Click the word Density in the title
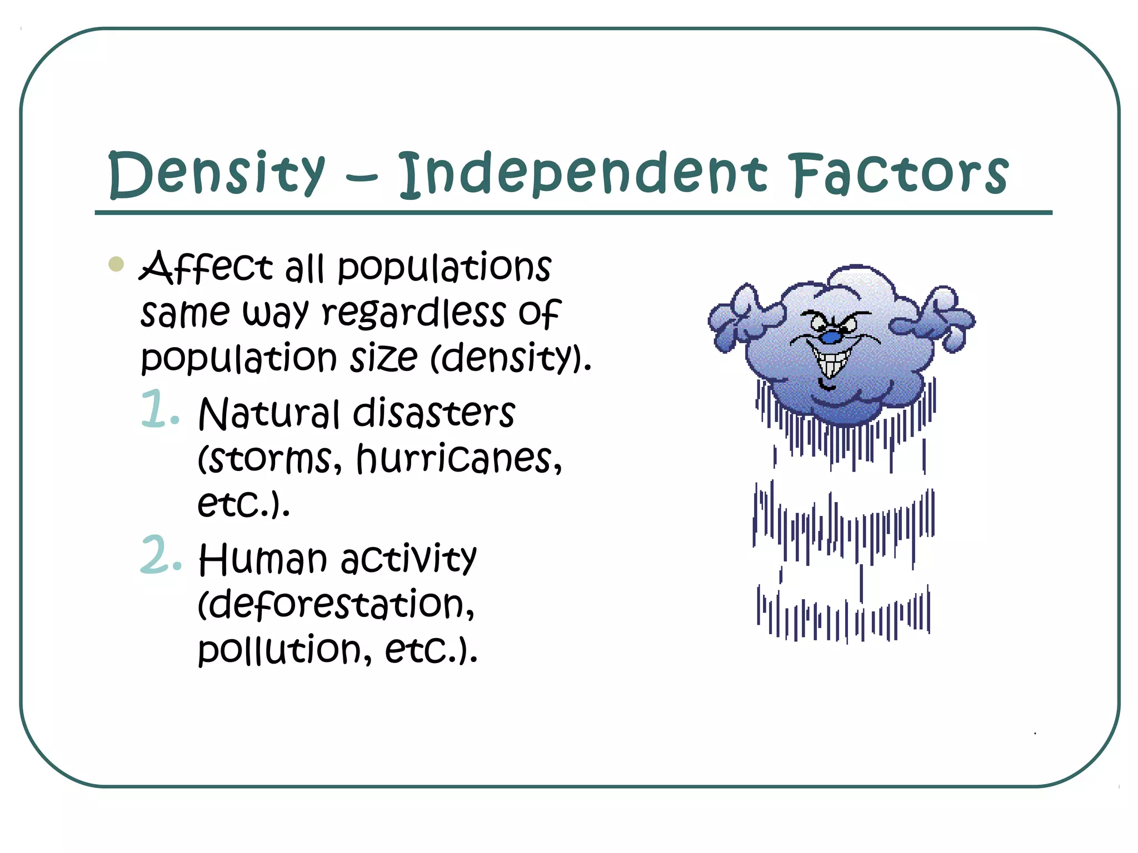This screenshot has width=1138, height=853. point(217,173)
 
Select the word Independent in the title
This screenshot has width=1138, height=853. point(583,173)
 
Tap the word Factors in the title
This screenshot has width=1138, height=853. point(900,173)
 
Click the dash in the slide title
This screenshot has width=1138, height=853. point(361,178)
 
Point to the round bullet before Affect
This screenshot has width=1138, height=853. point(116,264)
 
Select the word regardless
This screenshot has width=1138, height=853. point(414,314)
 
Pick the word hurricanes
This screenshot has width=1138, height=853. point(458,459)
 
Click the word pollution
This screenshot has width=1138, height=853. point(281,650)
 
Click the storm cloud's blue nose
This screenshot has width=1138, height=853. point(831,337)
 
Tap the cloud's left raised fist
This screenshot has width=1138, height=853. point(739,317)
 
